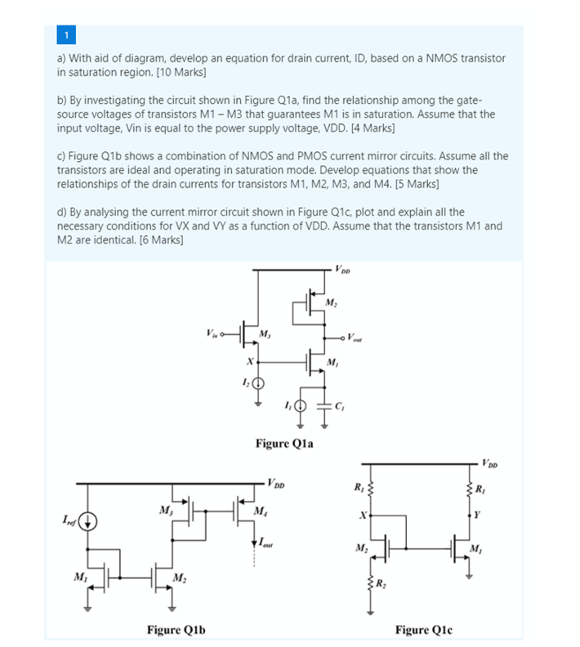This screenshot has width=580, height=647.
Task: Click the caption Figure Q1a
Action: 284,444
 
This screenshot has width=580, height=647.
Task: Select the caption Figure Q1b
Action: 176,629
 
